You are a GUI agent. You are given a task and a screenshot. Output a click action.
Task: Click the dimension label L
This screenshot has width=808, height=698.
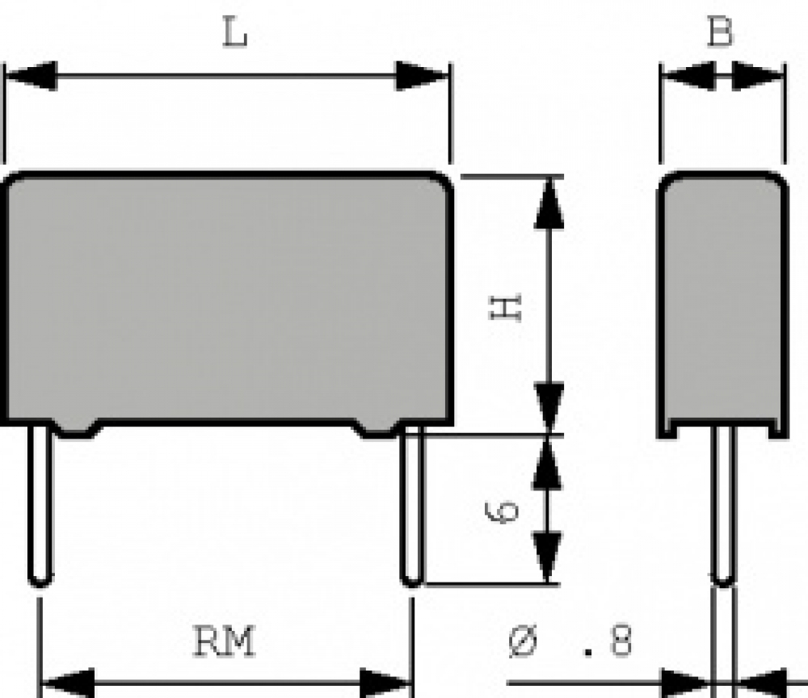click(x=235, y=32)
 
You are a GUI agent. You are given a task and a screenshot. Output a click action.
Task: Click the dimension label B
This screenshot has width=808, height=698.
click(x=720, y=32)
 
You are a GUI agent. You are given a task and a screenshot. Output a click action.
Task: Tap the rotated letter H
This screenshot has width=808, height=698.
click(x=505, y=308)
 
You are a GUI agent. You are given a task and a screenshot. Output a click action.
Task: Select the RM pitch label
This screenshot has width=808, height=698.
click(x=224, y=641)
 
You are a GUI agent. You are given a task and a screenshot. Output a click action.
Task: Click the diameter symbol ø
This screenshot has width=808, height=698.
click(x=523, y=641)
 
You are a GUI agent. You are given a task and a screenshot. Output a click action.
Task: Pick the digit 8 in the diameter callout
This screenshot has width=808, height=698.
click(x=620, y=641)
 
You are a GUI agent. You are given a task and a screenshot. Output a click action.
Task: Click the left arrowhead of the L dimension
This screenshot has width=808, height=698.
click(x=31, y=76)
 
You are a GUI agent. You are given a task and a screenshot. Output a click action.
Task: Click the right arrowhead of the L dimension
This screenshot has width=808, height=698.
click(x=422, y=76)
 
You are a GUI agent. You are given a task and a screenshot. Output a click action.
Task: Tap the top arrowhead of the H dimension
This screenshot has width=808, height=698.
click(x=549, y=203)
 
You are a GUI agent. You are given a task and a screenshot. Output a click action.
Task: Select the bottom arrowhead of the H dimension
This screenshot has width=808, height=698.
click(x=549, y=407)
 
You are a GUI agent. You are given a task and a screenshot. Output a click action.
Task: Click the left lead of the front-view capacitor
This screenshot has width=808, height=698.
click(x=40, y=506)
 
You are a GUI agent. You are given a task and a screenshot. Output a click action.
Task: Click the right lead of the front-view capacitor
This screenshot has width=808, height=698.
click(x=412, y=506)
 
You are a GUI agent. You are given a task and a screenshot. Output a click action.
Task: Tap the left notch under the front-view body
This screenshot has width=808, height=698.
click(x=78, y=429)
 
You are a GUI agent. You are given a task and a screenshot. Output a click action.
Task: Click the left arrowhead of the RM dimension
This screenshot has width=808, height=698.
click(x=68, y=683)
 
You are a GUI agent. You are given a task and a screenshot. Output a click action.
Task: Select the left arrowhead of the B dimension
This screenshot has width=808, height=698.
click(x=688, y=76)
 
